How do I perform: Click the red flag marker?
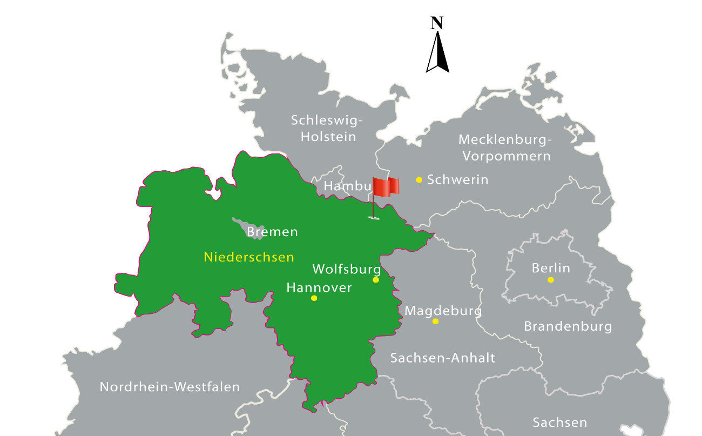point(386,187)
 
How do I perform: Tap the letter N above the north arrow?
point(437,23)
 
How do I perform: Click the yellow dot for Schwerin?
point(419,180)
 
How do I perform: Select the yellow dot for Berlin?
point(551,280)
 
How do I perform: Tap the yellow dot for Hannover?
point(314,298)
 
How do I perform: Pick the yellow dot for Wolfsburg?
point(376,280)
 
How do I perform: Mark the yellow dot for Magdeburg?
point(435,321)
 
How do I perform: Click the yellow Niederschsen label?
point(249,257)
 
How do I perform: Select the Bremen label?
point(272,232)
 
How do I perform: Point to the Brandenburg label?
point(568,326)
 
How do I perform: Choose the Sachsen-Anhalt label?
point(442,358)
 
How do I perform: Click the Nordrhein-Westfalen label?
point(170,387)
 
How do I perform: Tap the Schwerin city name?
point(457,180)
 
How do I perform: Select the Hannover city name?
point(319,288)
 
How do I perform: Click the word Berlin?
point(551,268)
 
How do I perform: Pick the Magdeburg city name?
point(443,311)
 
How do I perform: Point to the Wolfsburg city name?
point(347,269)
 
